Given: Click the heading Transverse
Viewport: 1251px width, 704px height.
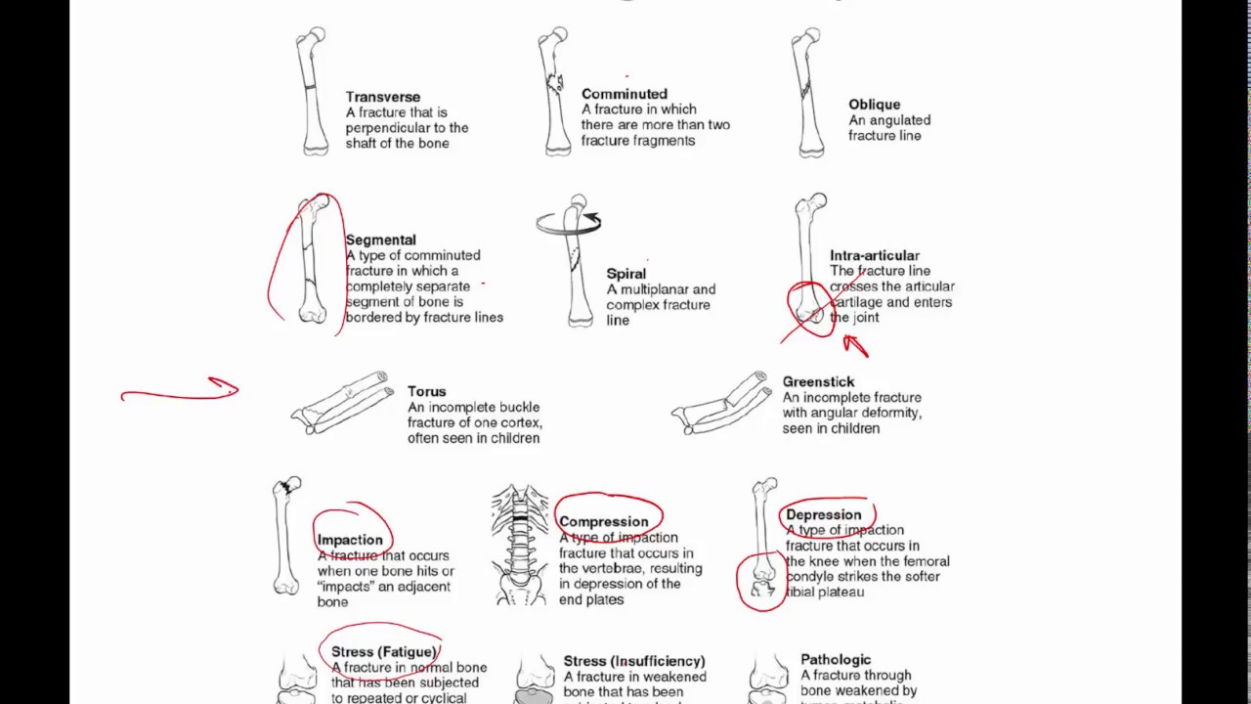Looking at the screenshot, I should [382, 97].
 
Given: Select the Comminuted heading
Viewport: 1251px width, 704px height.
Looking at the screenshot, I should [624, 94].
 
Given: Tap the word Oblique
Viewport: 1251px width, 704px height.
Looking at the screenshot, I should [874, 105].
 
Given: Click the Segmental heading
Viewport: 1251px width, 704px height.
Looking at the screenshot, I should [380, 240].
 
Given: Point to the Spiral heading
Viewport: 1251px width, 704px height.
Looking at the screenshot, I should [625, 274].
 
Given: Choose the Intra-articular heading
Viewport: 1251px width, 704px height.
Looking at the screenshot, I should [874, 255].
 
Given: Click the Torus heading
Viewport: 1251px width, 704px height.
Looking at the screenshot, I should [426, 391].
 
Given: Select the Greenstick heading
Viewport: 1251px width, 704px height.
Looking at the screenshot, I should [818, 381].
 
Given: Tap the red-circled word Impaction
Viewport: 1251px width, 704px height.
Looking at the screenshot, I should [350, 540].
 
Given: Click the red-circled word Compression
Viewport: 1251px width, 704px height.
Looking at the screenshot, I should [603, 521].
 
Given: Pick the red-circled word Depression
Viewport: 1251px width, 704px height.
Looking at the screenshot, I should [823, 514].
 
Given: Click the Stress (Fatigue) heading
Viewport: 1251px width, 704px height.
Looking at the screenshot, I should [383, 651].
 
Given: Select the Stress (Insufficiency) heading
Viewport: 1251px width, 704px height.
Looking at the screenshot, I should [633, 661].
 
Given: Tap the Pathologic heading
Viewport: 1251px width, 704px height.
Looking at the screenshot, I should [836, 659].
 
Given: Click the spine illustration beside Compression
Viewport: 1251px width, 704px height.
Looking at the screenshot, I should [520, 544].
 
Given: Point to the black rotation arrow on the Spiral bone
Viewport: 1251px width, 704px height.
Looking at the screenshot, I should [590, 221].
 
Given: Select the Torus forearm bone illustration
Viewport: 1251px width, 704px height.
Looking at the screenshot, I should [341, 403].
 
